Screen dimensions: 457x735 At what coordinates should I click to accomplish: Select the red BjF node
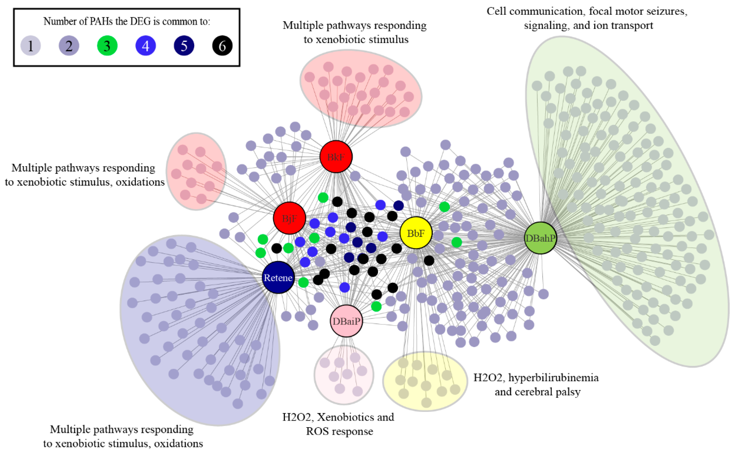point(289,218)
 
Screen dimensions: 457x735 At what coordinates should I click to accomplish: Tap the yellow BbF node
point(416,233)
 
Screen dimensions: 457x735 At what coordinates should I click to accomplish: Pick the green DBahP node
point(540,238)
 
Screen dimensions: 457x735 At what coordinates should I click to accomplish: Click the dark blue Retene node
point(278,277)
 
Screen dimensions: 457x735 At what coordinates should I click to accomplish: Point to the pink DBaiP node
point(346,321)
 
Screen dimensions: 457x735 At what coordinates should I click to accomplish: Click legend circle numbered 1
point(30,46)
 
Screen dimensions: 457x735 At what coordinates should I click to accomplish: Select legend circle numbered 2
point(69,46)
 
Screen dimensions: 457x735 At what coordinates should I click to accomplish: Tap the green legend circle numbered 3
point(107,46)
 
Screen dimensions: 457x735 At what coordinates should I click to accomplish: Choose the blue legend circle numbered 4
point(146,46)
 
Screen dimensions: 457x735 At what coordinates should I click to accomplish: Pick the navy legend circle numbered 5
point(184,46)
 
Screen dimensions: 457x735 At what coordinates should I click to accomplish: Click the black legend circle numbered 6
point(222,46)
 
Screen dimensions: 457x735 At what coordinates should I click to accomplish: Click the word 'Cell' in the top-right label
point(497,11)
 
